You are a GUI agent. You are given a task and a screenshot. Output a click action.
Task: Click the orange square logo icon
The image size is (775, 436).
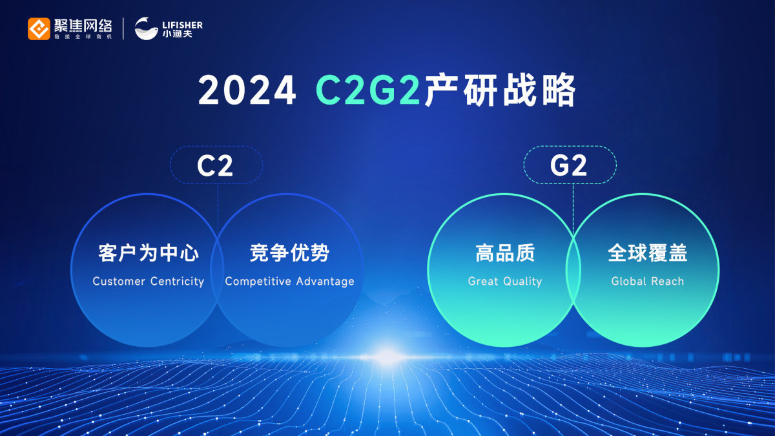(39, 28)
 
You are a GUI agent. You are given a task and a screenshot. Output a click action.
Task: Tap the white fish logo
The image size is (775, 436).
(146, 28)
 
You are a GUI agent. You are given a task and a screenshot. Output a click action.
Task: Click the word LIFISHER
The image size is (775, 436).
(182, 25)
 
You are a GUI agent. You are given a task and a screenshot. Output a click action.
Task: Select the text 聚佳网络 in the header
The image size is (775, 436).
(83, 26)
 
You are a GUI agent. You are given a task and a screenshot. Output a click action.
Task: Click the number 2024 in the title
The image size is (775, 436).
(247, 90)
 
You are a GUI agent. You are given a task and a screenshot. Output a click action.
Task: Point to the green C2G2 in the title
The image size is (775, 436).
(368, 90)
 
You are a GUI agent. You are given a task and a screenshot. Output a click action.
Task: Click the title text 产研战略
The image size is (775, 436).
(500, 90)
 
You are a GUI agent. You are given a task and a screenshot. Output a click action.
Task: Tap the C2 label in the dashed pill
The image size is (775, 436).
(215, 166)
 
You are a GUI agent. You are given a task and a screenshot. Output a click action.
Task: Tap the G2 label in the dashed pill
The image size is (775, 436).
(568, 166)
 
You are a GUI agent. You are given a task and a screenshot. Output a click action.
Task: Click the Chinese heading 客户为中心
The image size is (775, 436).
(149, 253)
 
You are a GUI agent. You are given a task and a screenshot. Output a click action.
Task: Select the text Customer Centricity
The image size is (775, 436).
(149, 282)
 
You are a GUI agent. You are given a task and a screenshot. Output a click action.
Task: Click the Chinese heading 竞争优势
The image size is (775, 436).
(289, 253)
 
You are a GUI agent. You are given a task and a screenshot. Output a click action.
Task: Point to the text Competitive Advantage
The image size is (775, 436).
(289, 282)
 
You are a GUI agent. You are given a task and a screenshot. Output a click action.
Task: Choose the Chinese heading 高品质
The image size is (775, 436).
(505, 253)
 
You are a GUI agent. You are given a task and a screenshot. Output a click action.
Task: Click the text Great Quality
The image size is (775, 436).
(505, 282)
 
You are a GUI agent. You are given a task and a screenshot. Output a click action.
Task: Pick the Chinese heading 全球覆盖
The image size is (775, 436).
(647, 253)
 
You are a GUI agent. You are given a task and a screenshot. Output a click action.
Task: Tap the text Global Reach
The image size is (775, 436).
(647, 282)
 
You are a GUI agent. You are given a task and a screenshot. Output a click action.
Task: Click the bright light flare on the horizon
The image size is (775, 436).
(386, 357)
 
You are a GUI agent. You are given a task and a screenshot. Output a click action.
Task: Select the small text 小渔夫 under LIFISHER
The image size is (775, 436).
(177, 34)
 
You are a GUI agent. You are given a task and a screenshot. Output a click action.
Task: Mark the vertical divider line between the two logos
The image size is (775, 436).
(123, 28)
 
